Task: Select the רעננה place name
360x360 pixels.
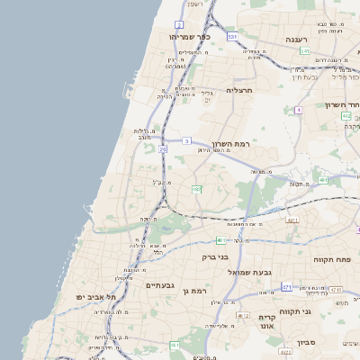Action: (x=297, y=40)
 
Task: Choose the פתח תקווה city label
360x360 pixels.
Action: (x=333, y=259)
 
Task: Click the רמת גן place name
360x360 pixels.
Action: (x=193, y=291)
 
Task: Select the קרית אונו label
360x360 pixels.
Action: (x=267, y=322)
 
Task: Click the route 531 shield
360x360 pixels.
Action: (x=232, y=36)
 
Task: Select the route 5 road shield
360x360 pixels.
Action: (x=186, y=140)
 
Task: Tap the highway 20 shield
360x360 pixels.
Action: (x=163, y=149)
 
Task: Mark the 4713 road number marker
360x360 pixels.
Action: (x=335, y=290)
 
